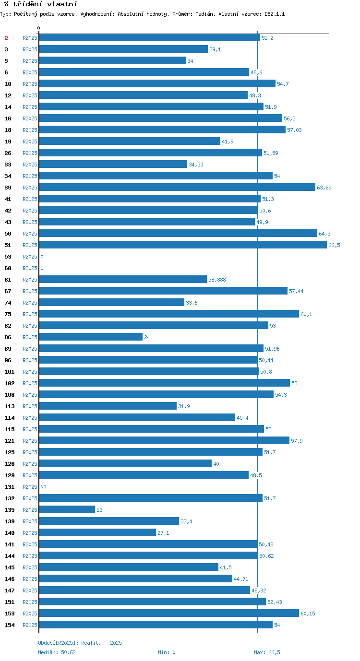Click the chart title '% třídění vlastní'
40,4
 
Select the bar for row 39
177,187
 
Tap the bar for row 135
67,509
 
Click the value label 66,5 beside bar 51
334,245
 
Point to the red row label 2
6,38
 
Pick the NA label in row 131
43,487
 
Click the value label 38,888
217,280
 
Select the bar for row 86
91,337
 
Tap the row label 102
10,383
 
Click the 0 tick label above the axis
39,29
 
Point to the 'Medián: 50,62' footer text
57,652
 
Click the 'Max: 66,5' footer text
267,652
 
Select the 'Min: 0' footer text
167,652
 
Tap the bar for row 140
97,532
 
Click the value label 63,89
324,188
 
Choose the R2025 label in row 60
30,268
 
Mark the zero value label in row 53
42,257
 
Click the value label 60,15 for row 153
308,614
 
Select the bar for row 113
108,406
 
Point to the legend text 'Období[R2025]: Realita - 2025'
80,643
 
